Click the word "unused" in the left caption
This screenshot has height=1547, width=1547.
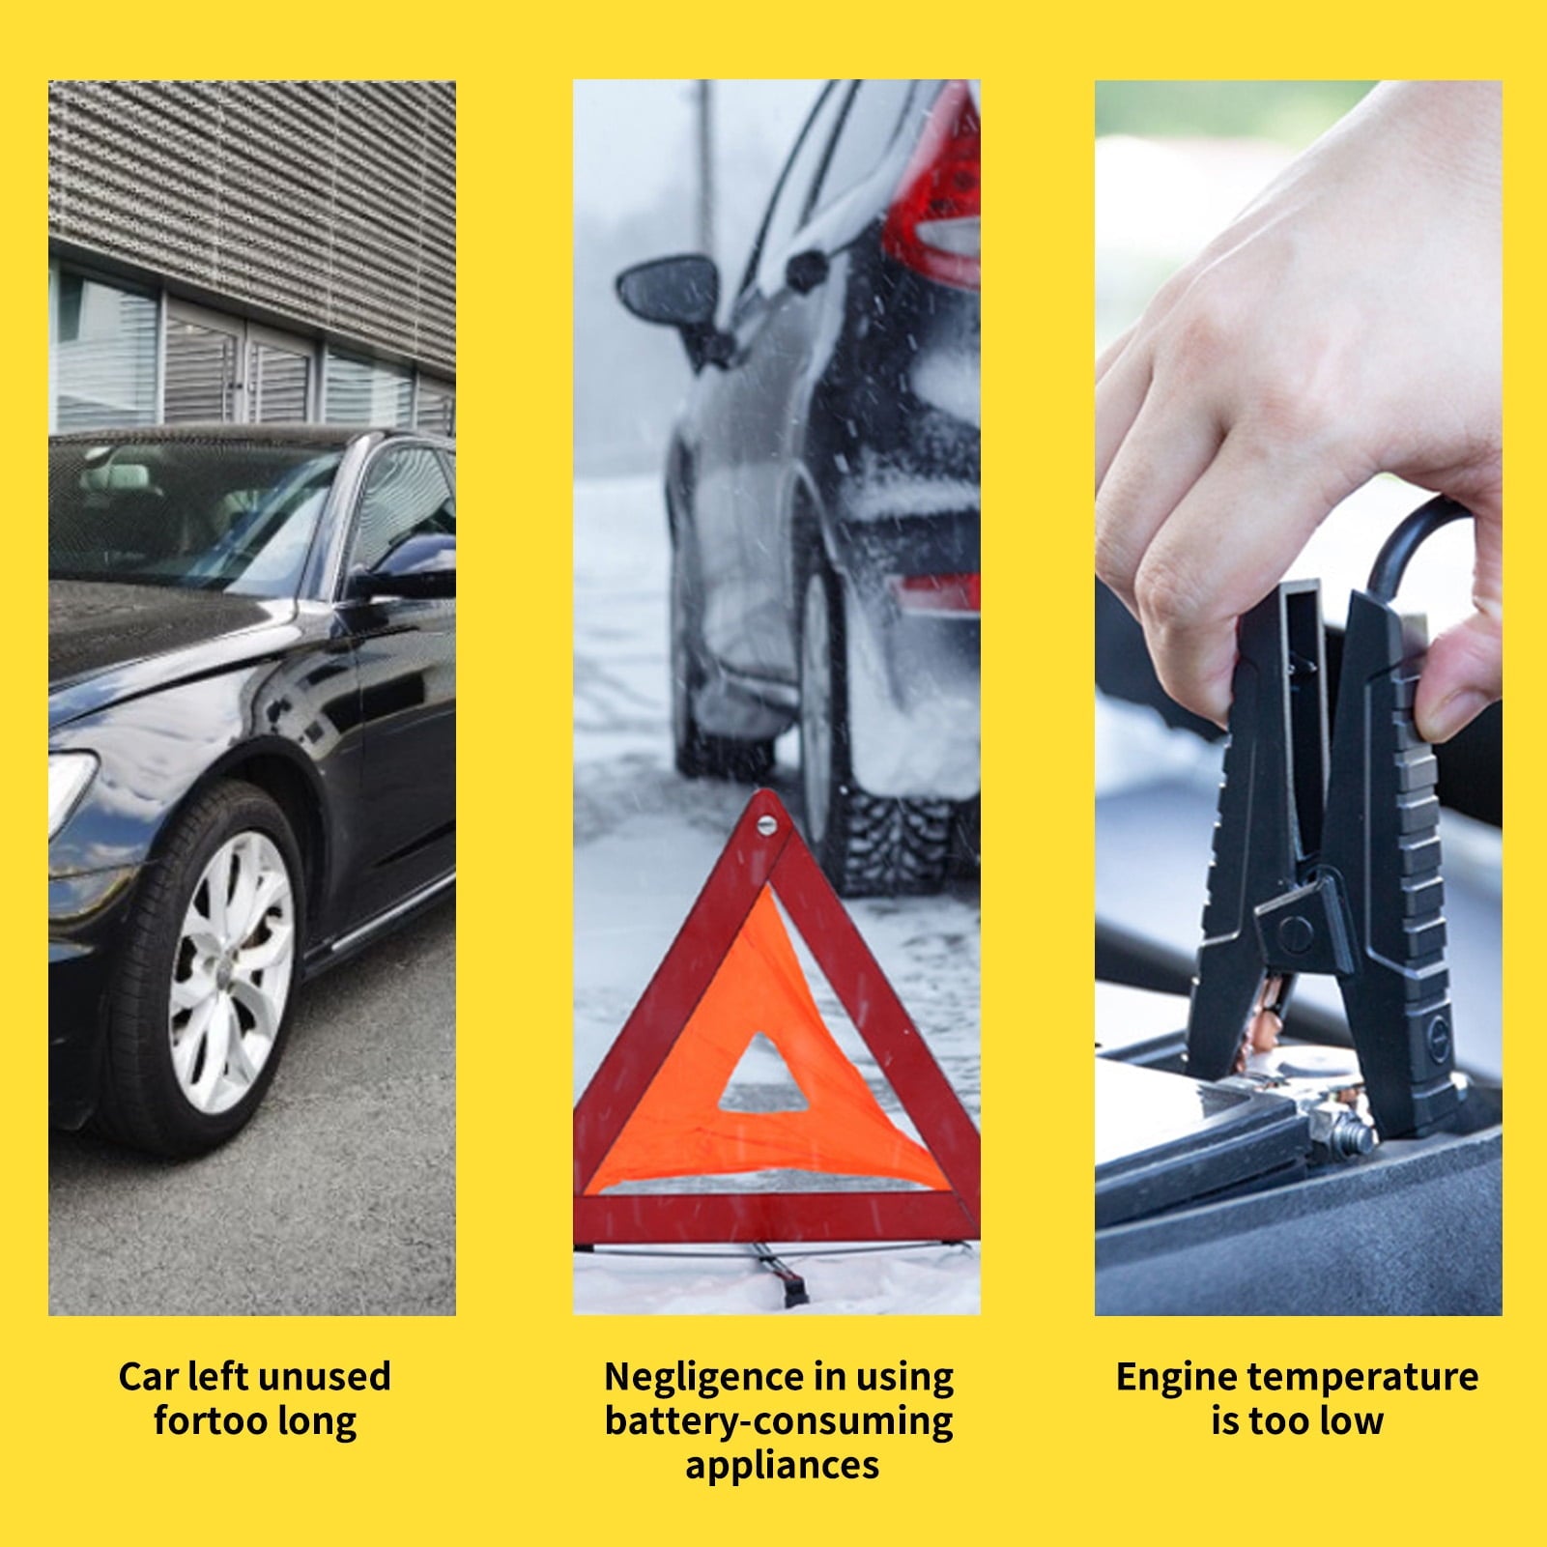coord(325,1376)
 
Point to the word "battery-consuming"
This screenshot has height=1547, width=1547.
coord(779,1422)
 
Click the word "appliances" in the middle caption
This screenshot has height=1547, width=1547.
coord(783,1467)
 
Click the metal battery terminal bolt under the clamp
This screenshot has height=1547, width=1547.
coord(1348,1136)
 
